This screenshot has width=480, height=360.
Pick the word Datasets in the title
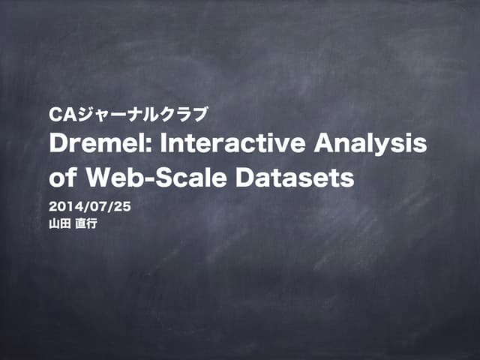coord(294,179)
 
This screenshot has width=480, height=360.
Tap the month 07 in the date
coord(97,206)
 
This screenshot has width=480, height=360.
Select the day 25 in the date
coord(121,206)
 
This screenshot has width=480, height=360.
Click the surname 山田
coord(59,223)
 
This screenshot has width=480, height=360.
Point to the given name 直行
coord(86,223)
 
